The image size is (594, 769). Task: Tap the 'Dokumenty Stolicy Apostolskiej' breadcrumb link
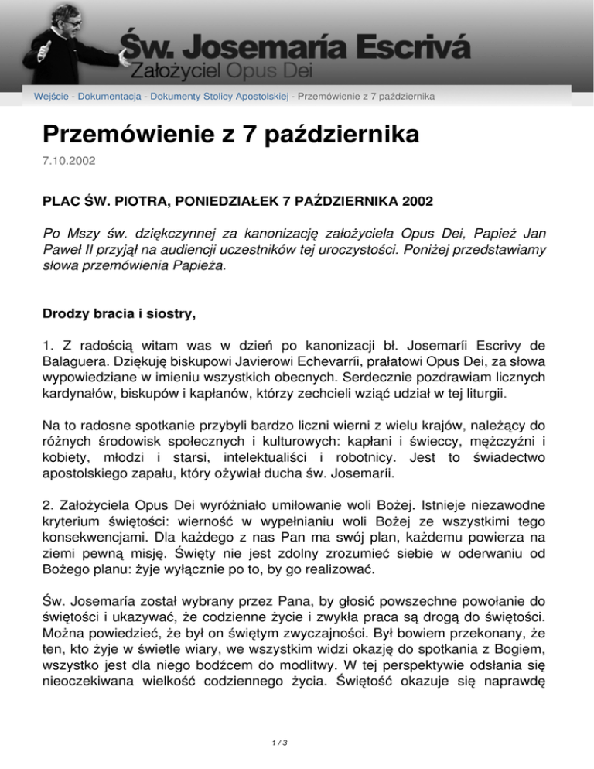[219, 96]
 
